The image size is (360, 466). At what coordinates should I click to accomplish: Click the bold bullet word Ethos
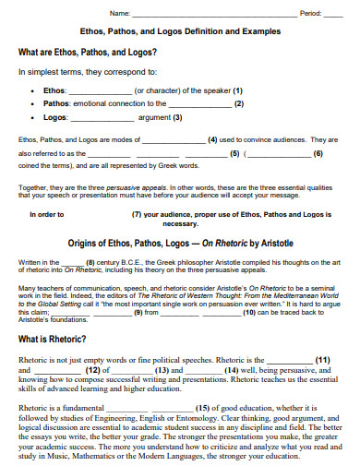54,91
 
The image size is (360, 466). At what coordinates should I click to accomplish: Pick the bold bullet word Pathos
57,104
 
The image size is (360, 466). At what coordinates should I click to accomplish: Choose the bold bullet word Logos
56,117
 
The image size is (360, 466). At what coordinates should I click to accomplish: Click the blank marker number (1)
237,91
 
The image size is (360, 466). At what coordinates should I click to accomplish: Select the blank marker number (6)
318,152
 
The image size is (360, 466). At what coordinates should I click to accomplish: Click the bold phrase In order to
47,214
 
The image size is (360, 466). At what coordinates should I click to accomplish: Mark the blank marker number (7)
137,214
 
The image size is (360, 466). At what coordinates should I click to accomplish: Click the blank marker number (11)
323,359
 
